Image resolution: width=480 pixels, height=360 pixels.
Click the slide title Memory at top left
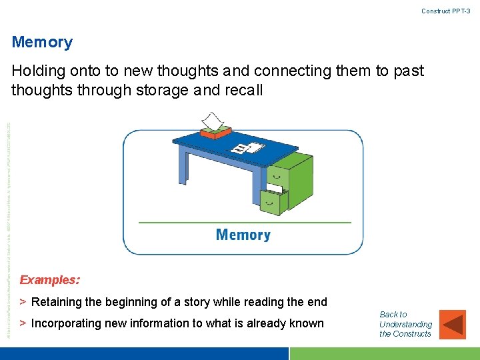[x=42, y=43]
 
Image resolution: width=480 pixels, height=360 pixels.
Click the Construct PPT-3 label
[x=445, y=11]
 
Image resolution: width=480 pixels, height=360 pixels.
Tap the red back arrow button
[x=453, y=324]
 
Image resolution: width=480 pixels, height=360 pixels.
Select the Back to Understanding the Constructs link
[x=405, y=324]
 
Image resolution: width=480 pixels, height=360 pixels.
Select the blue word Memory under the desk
[x=243, y=235]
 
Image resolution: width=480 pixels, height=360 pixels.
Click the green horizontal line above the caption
[x=244, y=222]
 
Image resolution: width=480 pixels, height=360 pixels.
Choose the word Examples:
[x=50, y=280]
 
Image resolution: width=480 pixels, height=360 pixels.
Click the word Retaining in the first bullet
[x=56, y=302]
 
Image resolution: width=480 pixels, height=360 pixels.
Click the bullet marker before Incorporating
[x=23, y=323]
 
